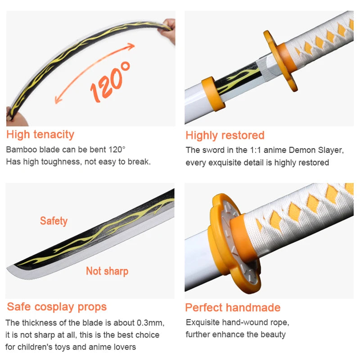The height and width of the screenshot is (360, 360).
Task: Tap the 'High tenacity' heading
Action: point(40,134)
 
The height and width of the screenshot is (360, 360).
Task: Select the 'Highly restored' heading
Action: point(225,135)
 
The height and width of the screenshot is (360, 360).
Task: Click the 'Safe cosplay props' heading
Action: point(57,307)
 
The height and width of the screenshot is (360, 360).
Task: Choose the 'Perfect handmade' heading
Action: point(233,308)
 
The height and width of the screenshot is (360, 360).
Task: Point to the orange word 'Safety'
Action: point(54,221)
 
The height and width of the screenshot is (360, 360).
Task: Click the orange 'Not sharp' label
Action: point(107,271)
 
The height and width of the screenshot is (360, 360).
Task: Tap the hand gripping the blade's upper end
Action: point(169,29)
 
